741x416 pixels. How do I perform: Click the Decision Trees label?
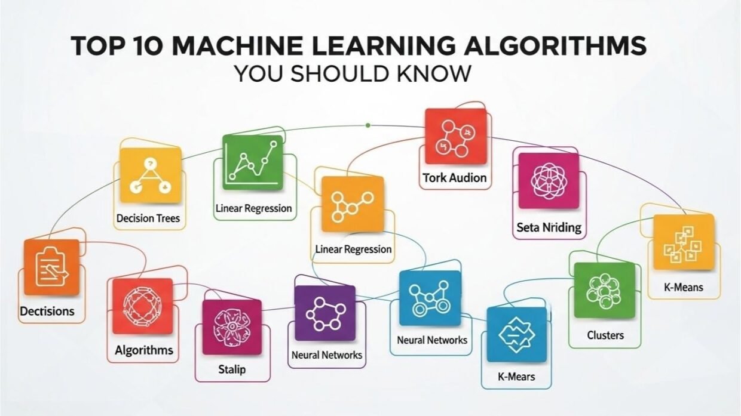pos(148,218)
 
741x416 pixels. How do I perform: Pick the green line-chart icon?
pos(252,162)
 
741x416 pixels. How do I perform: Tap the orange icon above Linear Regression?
pos(352,204)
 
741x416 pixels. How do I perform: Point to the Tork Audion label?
pos(454,177)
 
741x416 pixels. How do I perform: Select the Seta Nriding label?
pos(549,227)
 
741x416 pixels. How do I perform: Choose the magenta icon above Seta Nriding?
pos(548,181)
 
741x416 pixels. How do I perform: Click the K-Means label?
pos(684,287)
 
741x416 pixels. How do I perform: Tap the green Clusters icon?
pos(604,291)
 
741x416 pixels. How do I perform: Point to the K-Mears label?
pos(516,377)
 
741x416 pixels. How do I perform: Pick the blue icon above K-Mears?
pos(516,334)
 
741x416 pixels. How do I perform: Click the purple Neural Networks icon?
pos(324,313)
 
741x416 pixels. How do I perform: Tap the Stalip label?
pos(231,369)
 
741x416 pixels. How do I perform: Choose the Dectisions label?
pos(47,311)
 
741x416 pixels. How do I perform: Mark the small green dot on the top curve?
pos(368,125)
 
